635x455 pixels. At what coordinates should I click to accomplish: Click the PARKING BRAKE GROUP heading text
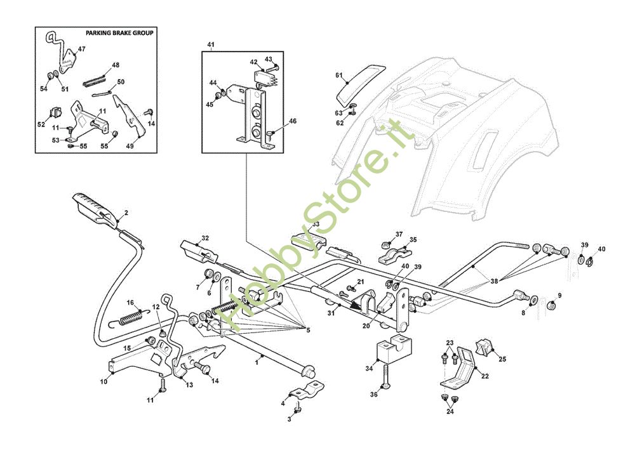click(119, 33)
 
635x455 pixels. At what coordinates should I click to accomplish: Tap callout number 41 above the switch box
click(211, 44)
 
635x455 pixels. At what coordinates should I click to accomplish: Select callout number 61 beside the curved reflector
click(339, 76)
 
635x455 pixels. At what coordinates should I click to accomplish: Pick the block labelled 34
click(393, 350)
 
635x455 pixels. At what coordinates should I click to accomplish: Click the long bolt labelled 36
click(385, 378)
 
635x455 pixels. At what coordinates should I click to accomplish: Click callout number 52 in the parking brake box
click(41, 124)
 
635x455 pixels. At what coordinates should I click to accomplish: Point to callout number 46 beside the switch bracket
click(292, 121)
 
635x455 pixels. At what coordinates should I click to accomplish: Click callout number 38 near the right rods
click(494, 281)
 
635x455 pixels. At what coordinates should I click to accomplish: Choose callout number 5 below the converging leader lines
click(308, 331)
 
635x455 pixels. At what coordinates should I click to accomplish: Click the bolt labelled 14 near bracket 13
click(202, 367)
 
